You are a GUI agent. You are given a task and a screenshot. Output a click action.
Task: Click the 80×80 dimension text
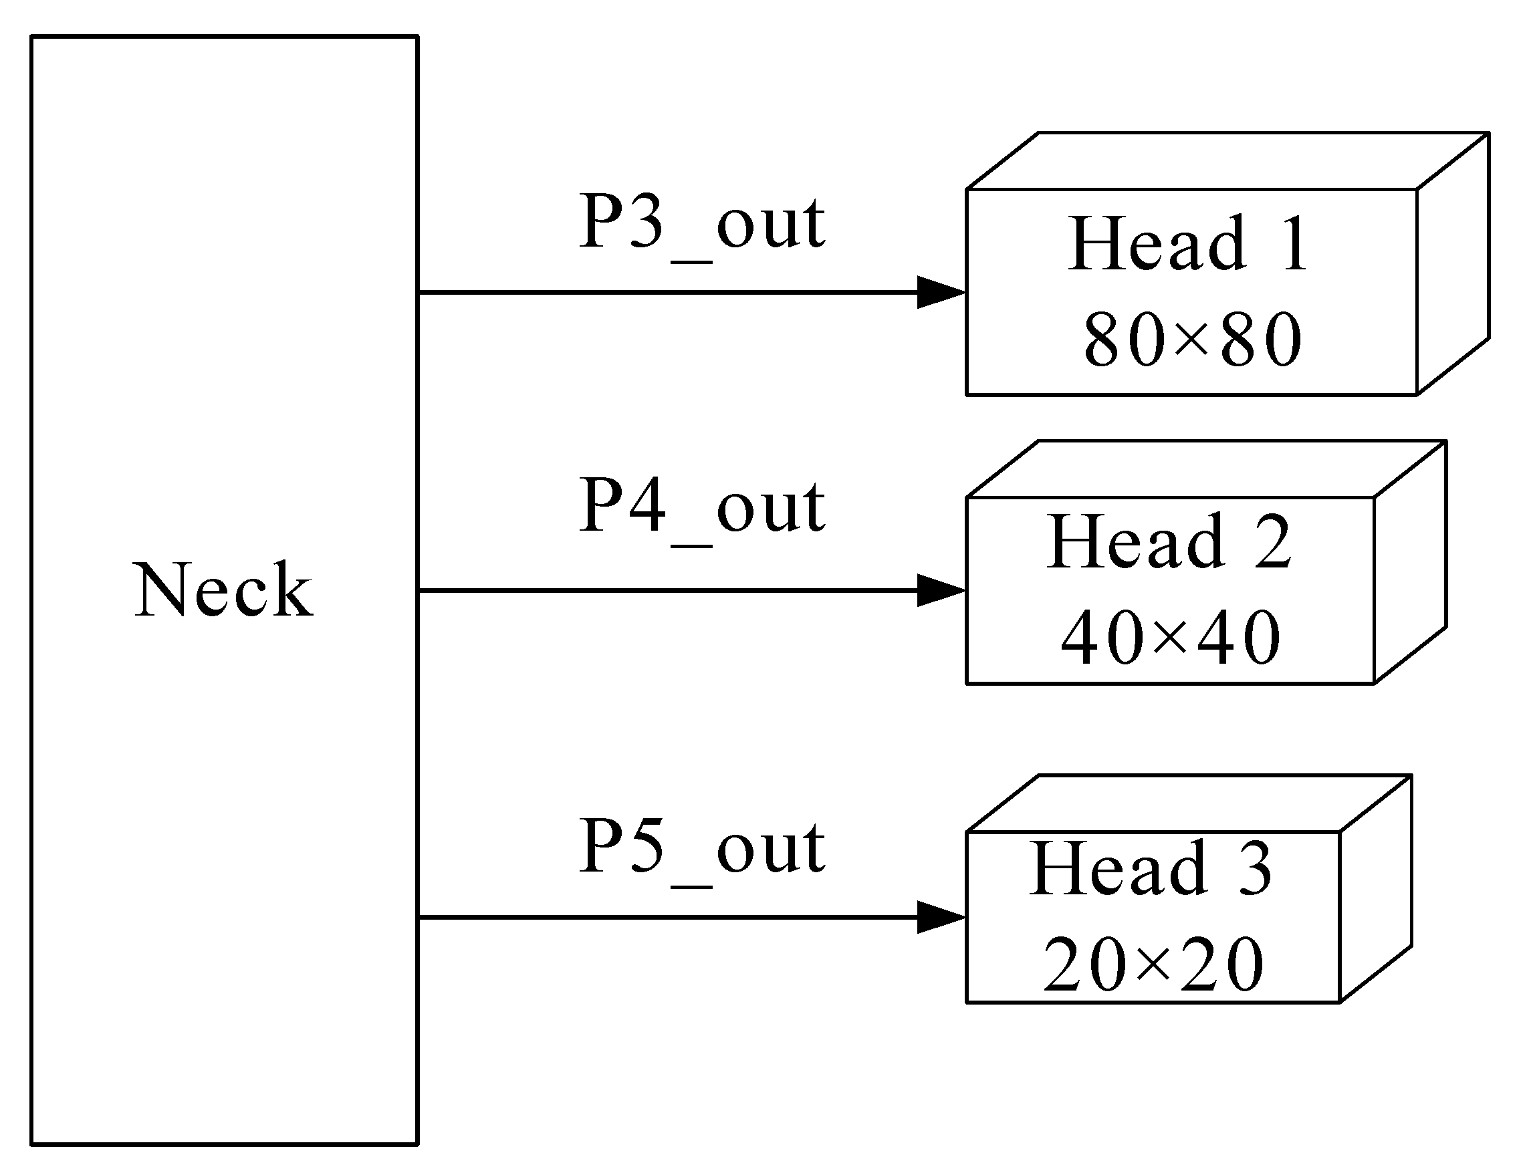1192,339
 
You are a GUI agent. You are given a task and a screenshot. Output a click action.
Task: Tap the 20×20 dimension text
1153,964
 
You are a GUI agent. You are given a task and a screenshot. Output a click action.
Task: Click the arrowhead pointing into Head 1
941,293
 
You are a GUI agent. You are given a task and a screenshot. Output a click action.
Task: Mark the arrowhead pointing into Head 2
941,590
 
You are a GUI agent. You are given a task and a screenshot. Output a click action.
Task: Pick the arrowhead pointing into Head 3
941,918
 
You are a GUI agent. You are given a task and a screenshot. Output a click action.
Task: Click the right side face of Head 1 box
1452,264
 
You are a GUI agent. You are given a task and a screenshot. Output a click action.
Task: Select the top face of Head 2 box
1205,469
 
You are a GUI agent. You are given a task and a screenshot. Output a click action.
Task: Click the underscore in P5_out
692,886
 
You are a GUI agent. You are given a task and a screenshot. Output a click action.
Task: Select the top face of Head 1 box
1226,161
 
